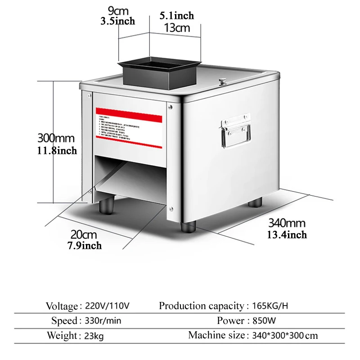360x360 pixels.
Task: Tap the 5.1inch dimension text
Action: coord(177,16)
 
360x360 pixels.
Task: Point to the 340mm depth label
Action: coord(287,223)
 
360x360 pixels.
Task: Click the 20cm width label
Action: coord(83,234)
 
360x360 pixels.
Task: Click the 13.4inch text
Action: coord(287,234)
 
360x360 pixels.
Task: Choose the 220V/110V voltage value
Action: coord(107,306)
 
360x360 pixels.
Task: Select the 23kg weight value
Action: coord(94,336)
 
